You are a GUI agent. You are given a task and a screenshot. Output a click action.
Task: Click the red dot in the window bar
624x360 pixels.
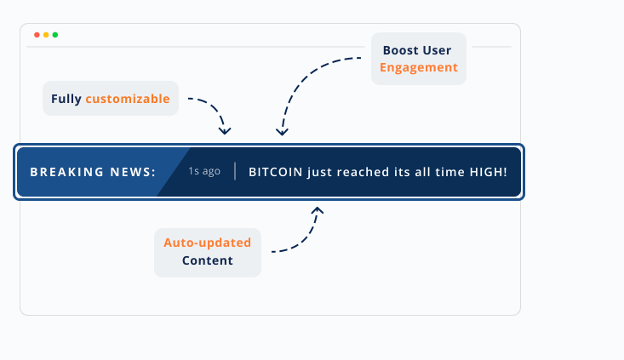point(37,35)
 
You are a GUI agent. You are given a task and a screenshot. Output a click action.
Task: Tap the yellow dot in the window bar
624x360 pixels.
point(46,35)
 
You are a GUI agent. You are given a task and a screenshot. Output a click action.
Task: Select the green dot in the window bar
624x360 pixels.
point(55,35)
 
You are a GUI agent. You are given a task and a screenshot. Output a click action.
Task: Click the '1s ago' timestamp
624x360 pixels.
point(204,171)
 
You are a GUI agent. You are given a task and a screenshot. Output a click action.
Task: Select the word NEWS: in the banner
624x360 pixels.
point(133,172)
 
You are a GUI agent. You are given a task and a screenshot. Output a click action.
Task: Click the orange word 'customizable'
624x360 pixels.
point(128,99)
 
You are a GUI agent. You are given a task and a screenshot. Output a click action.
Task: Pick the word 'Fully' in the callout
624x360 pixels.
point(66,99)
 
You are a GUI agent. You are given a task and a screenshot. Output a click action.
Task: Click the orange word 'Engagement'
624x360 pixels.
point(419,67)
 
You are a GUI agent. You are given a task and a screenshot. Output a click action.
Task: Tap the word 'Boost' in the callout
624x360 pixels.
point(401,50)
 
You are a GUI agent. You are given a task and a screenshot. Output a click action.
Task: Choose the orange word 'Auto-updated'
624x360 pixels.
point(208,243)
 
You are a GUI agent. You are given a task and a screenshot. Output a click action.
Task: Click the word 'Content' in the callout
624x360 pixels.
point(208,260)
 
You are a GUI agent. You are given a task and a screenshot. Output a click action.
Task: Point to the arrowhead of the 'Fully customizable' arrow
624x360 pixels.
point(225,131)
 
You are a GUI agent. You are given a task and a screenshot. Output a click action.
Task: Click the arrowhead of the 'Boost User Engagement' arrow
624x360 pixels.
point(283,131)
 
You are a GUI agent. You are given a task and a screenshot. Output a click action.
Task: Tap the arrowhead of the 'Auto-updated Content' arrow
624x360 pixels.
point(318,209)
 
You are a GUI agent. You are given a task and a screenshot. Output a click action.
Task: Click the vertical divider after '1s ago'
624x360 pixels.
point(235,171)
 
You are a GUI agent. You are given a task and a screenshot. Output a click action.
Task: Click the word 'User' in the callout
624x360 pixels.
point(438,50)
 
